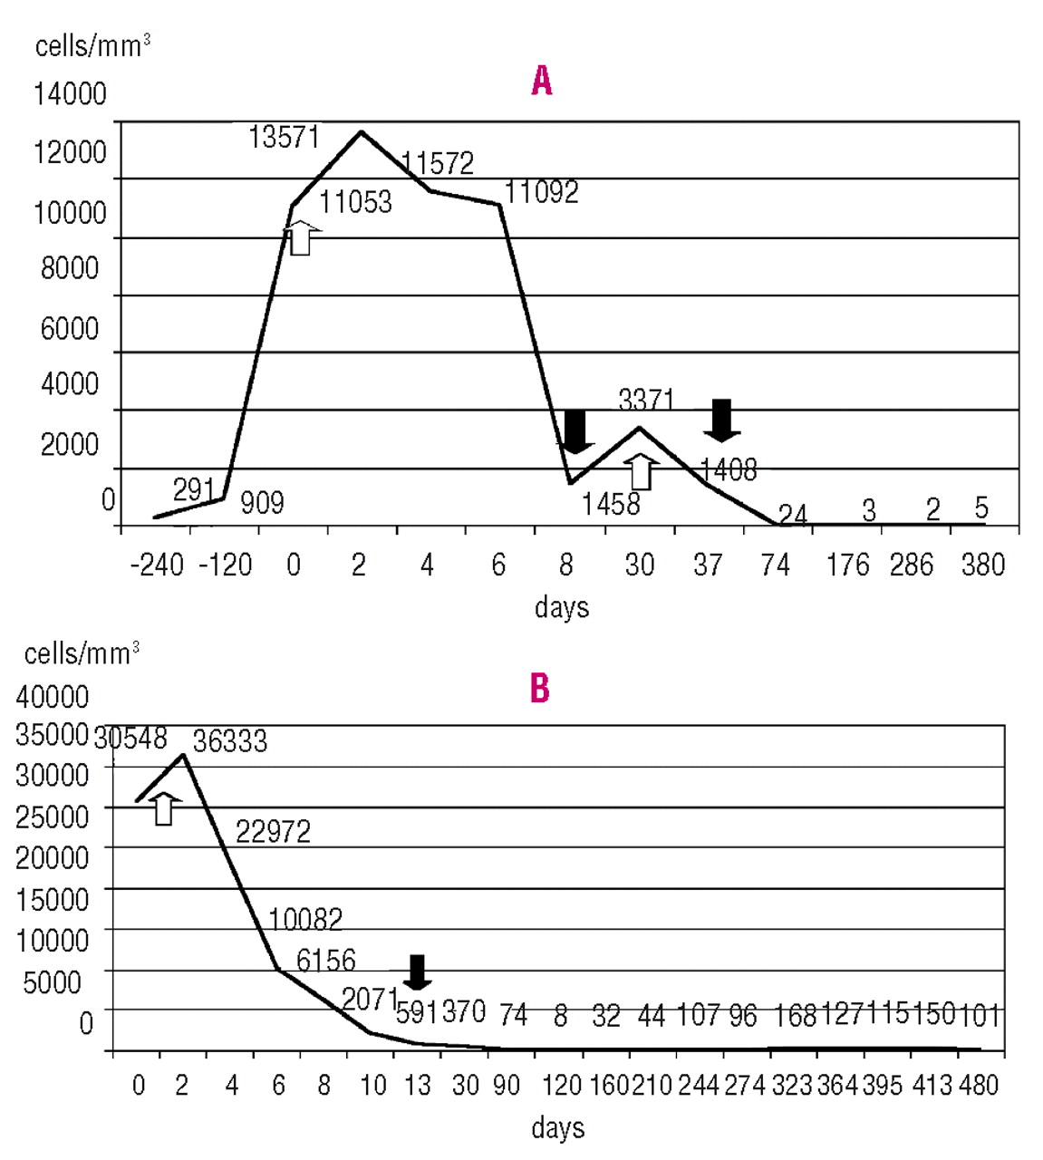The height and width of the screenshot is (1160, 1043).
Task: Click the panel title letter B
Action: point(540,689)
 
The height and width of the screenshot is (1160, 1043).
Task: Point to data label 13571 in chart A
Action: point(284,137)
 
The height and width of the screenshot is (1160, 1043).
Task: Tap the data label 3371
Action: point(646,399)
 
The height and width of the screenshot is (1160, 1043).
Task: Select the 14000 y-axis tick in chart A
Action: point(70,93)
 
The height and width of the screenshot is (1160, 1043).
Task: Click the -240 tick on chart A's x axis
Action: point(157,565)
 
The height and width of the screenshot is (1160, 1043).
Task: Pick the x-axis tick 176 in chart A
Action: point(847,565)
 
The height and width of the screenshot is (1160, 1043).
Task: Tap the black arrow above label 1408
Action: point(721,420)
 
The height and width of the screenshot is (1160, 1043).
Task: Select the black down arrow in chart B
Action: point(417,971)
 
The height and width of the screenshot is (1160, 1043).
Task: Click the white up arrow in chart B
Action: point(163,807)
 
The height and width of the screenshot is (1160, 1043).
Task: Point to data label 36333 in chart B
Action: point(230,741)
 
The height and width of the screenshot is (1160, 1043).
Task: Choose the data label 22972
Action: point(273,831)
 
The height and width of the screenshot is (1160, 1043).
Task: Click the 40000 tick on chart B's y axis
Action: point(53,697)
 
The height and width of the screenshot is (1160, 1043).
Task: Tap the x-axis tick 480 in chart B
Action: point(978,1085)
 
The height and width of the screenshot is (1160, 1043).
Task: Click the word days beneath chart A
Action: point(561,606)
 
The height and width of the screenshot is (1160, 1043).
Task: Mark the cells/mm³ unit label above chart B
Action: point(82,653)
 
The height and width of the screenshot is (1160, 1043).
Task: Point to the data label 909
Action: point(262,502)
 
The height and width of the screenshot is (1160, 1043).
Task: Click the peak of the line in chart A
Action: point(361,132)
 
